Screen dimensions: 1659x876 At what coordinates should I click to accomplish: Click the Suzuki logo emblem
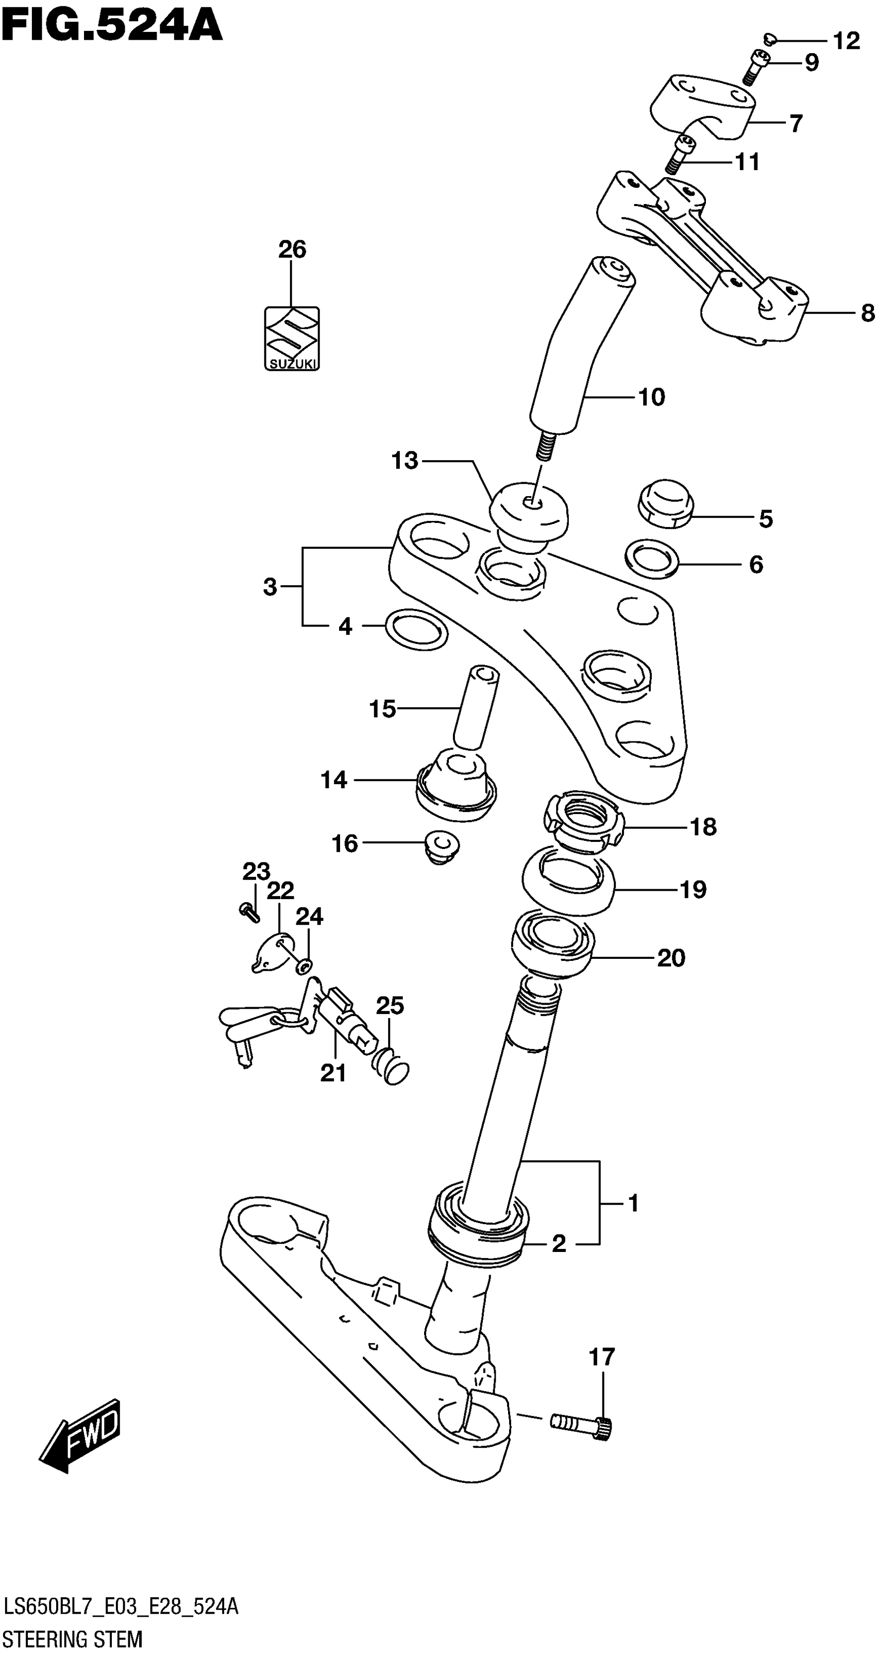[292, 338]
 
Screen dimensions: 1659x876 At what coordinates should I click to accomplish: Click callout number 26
[292, 249]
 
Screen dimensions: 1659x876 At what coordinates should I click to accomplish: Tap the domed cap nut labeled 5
[665, 502]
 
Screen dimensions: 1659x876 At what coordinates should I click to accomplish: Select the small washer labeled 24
[305, 964]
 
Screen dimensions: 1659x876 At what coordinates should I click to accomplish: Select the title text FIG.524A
[111, 25]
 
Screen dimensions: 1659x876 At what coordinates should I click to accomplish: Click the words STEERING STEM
[73, 1639]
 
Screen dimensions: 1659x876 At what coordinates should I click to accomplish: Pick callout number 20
[670, 958]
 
